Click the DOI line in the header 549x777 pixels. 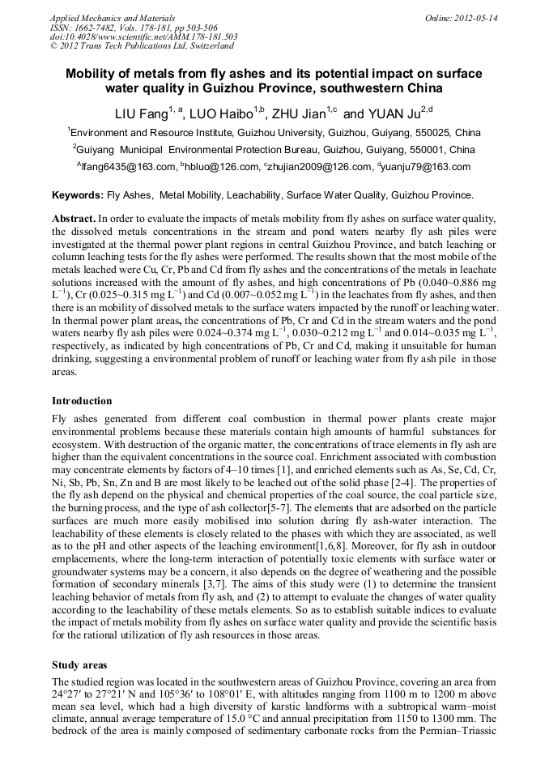coord(143,36)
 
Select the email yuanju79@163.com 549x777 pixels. coord(426,167)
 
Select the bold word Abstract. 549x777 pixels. coord(74,220)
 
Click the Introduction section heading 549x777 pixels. coord(82,400)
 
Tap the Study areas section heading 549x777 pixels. coord(79,664)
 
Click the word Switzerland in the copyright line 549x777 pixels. coord(207,46)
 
